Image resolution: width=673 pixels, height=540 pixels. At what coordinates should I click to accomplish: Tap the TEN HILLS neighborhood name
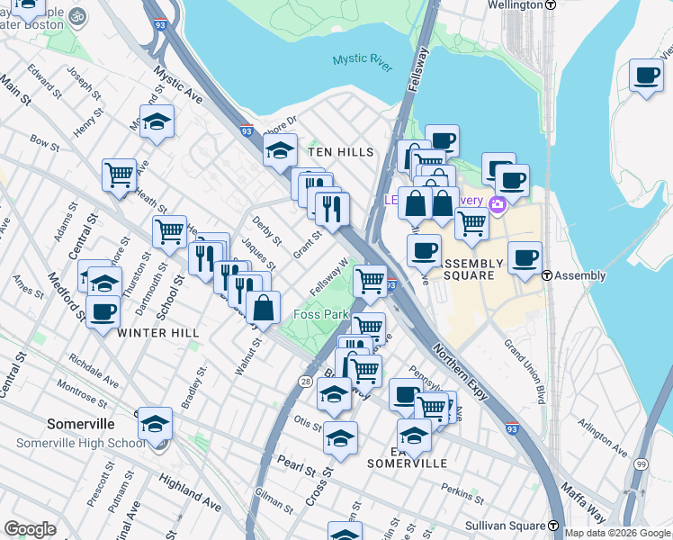(341, 152)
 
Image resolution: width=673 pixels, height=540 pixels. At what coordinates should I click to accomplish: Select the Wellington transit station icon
(552, 4)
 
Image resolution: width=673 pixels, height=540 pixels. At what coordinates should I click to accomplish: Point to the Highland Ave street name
(190, 489)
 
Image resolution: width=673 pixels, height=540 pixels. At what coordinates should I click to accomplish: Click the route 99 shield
(641, 463)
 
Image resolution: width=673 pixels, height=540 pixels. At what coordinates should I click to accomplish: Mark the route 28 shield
(306, 382)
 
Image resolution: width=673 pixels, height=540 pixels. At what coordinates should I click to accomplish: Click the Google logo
(31, 529)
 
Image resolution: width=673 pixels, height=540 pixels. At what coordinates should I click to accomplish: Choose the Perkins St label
(462, 491)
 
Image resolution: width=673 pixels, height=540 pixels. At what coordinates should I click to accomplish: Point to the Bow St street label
(44, 141)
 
